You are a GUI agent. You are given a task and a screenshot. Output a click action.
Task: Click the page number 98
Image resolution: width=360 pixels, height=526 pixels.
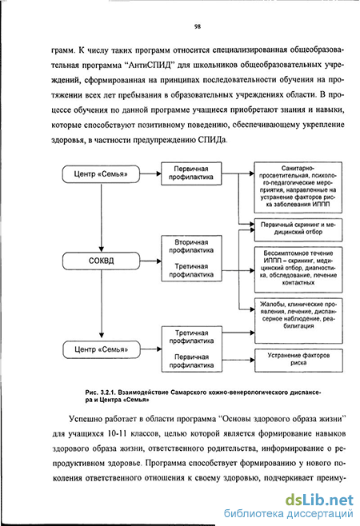coord(197,26)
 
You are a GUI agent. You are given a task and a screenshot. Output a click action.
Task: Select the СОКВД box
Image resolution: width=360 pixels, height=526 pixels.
coord(101,261)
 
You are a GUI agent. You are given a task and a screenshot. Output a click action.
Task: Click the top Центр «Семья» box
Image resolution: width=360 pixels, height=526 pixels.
coord(101,174)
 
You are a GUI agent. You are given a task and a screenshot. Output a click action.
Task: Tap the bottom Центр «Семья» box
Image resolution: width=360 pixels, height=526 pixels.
coord(102,349)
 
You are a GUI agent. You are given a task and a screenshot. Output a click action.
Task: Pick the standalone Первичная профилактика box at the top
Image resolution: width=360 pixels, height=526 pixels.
coord(191,173)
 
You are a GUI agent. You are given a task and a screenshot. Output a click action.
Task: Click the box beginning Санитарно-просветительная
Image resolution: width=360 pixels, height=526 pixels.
coord(298,187)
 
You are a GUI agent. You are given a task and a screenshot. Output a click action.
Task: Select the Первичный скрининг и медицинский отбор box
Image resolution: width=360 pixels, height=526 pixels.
coord(298,229)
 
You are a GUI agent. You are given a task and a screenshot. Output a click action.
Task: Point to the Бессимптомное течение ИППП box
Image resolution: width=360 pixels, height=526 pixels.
coord(298,269)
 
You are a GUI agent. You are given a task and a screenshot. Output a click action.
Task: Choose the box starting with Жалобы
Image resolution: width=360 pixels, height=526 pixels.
coord(298,321)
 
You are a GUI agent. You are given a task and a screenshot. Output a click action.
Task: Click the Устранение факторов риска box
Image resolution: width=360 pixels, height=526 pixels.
coord(298,361)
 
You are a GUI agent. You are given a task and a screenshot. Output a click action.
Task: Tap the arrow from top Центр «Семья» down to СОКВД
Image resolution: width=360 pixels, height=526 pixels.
coord(101,217)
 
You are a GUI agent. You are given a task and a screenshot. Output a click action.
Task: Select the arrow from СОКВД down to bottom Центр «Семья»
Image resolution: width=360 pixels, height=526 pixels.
coord(102,304)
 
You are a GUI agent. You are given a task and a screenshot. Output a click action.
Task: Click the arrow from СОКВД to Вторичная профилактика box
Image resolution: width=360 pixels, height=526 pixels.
coord(150,261)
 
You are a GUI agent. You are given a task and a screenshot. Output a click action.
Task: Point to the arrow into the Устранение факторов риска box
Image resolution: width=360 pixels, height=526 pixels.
coord(238,361)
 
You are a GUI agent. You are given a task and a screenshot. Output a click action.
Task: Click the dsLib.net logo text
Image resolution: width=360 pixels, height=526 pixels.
coord(319,500)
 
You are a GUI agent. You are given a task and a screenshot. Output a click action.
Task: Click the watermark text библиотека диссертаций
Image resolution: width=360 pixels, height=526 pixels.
coord(289,513)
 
